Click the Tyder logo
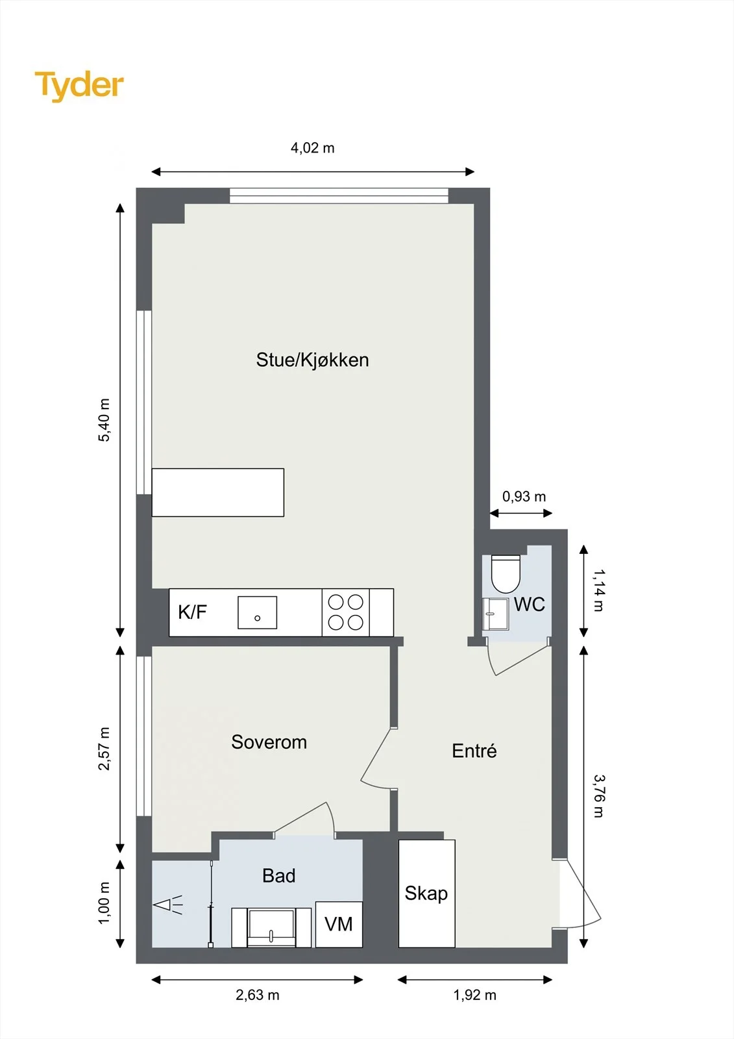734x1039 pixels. point(79,86)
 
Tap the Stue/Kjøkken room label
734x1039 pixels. point(313,360)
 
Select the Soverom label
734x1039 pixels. point(269,742)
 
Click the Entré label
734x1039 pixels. point(474,751)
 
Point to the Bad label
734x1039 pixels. point(278,876)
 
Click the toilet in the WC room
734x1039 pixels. point(506,574)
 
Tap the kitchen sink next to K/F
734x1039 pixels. point(258,613)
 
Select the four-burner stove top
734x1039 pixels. point(345,612)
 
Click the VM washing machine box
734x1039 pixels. point(339,925)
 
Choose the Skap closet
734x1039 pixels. point(426,894)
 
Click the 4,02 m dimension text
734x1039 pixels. point(313,148)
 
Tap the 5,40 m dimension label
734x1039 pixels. point(104,419)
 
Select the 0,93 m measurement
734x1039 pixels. point(524,497)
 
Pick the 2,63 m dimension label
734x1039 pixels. point(258,995)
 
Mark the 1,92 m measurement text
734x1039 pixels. point(475,995)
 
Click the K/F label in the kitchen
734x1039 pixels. point(192,612)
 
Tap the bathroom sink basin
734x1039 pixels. point(271,927)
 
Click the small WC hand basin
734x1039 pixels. point(496,614)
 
